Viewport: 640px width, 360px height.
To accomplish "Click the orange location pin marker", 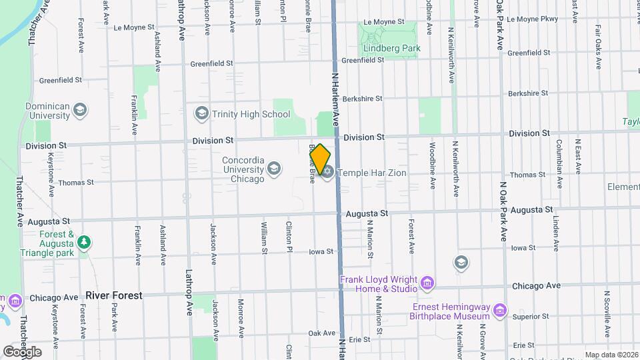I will tap(321, 158).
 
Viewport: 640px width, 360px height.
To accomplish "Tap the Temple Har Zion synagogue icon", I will tap(327, 173).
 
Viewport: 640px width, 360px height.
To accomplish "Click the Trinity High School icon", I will tap(201, 114).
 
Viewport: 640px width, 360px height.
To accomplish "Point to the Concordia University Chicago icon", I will tap(273, 170).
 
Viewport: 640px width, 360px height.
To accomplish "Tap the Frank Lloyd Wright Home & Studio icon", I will tap(427, 284).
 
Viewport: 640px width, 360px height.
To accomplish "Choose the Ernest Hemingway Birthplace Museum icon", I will tap(500, 311).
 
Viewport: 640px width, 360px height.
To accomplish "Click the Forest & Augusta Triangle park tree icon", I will tap(83, 244).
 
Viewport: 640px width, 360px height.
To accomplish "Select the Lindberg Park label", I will tap(392, 48).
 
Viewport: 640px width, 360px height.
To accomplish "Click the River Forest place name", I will tap(114, 295).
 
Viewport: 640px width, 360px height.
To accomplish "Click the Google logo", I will tap(22, 351).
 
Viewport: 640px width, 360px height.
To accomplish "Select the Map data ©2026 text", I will tap(611, 355).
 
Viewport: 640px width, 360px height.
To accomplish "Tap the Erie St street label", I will tap(359, 339).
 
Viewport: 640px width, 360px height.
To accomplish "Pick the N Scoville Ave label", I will tap(607, 313).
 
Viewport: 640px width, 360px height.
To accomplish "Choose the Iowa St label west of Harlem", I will tap(321, 251).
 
